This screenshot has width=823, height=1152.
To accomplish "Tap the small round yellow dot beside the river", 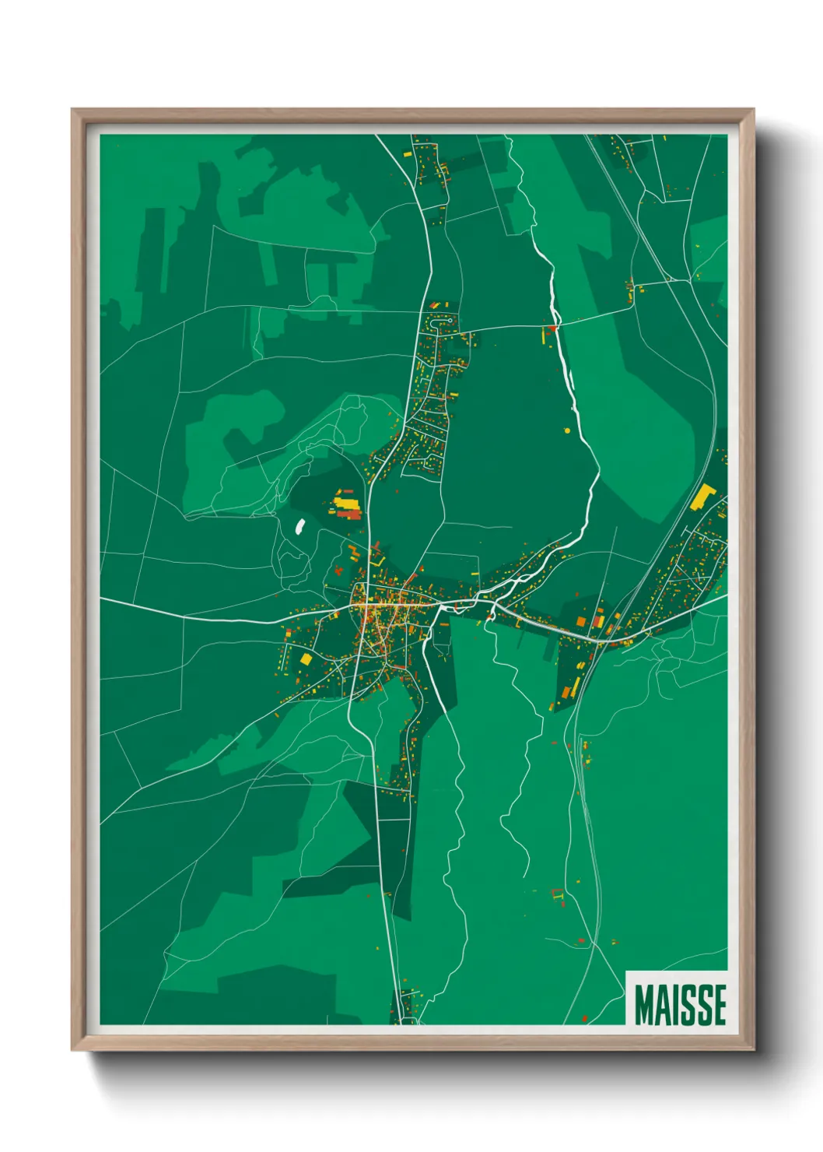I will [567, 430].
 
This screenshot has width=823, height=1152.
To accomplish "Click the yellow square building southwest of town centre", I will [306, 659].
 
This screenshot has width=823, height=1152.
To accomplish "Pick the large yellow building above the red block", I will [346, 504].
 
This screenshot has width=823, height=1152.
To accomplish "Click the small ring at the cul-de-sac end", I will [451, 320].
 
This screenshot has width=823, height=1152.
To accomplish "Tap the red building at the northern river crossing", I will [553, 328].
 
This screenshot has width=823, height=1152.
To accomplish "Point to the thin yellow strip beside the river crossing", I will [543, 335].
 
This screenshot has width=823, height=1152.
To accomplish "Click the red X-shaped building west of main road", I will [339, 571].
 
